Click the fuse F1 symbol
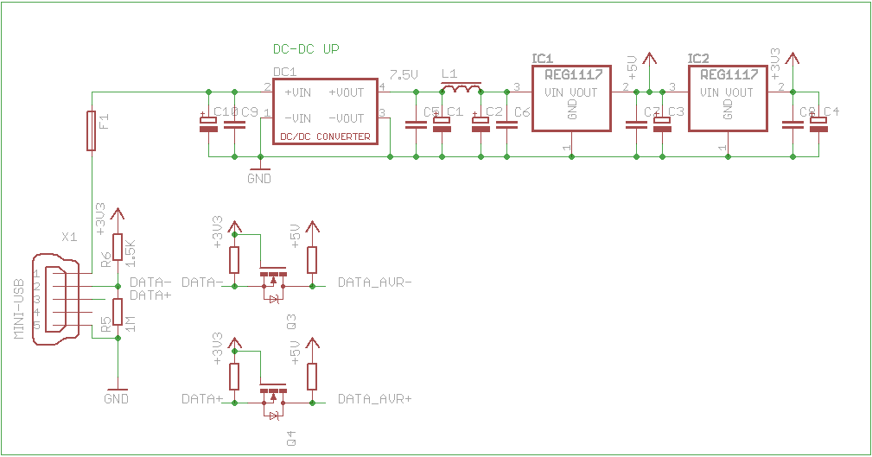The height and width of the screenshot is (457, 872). point(91,130)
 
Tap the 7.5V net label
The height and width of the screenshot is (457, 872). point(404,75)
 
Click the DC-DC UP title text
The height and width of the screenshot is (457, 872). point(306,50)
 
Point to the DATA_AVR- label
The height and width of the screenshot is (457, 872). point(375,282)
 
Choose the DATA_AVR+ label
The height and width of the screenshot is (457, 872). point(375,399)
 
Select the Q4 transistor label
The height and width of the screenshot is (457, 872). point(291,438)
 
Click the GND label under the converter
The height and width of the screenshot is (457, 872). point(259,179)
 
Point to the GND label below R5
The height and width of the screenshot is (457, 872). point(116,399)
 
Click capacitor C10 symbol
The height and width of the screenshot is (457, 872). point(208,124)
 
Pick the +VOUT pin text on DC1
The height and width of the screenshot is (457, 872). point(346,92)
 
